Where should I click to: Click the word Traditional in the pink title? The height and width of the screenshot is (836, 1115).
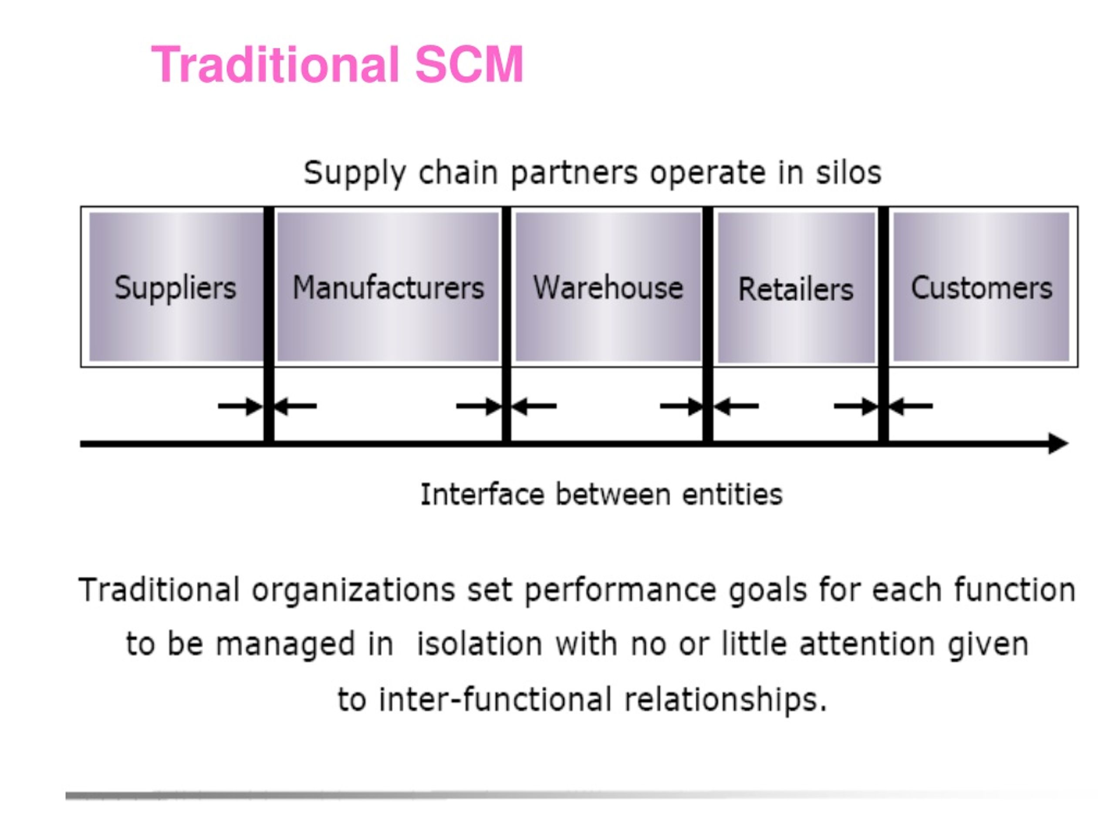pos(275,64)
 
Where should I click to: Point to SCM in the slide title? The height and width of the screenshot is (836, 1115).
pos(469,64)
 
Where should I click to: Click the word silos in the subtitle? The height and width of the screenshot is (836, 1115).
pos(848,172)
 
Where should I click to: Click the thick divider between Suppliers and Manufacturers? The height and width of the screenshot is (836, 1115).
pos(269,325)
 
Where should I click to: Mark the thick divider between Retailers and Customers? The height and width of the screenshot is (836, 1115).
pos(883,325)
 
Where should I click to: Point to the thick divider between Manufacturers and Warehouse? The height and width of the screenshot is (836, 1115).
pos(507,325)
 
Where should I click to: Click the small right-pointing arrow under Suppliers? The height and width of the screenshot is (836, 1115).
pos(240,406)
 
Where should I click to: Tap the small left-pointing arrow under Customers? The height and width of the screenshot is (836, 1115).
pos(911,406)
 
